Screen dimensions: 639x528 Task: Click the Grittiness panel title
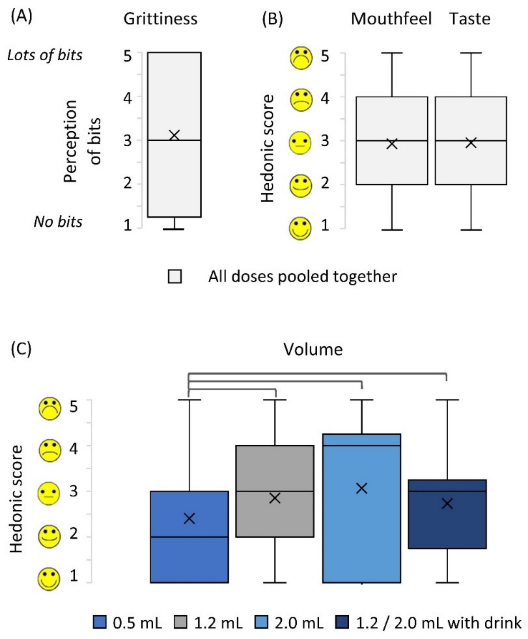160,19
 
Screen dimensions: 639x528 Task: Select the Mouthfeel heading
391,19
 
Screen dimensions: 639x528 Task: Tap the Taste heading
470,19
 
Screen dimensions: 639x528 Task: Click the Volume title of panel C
313,350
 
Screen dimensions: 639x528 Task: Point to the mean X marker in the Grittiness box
174,135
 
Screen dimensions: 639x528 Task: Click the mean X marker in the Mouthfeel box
392,144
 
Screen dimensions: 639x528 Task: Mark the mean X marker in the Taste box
471,143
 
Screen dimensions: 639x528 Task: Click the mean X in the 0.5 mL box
189,518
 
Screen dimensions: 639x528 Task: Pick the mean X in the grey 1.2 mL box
275,498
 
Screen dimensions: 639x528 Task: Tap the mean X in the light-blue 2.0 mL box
362,488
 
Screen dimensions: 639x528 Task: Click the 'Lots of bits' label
45,55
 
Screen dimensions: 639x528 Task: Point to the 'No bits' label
58,222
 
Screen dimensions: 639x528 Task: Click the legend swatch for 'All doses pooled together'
175,276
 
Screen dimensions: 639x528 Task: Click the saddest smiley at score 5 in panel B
301,58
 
